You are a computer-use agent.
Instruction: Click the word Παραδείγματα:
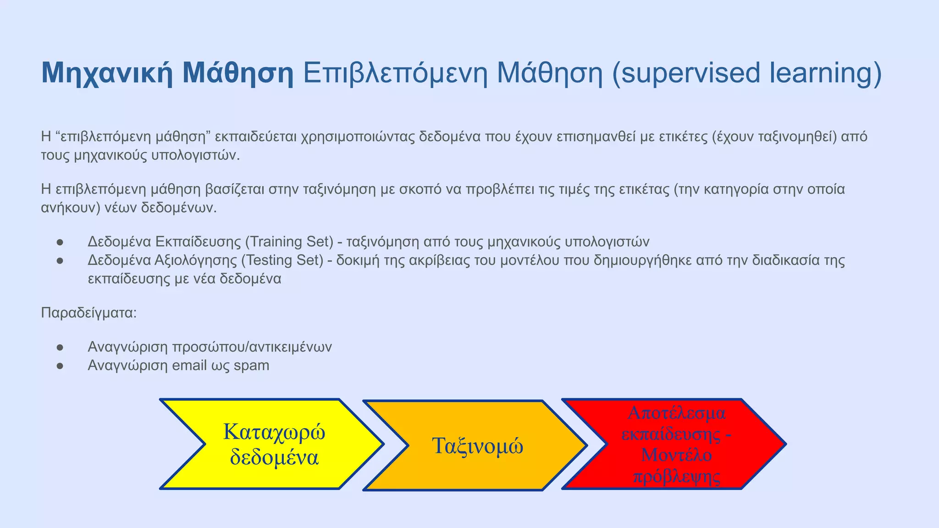pos(89,313)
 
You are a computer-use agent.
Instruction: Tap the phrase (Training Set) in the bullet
pos(289,242)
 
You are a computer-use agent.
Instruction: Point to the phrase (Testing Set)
pos(282,260)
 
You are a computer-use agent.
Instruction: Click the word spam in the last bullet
pos(251,366)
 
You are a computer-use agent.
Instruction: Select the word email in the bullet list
pos(189,366)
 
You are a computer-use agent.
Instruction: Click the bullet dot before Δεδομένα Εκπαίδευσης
pos(60,242)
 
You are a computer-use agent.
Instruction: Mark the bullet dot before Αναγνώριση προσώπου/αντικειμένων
pos(60,347)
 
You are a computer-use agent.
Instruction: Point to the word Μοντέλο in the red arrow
pos(676,455)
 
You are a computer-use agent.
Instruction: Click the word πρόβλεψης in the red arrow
pos(676,477)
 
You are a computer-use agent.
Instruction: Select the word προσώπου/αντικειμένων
pos(252,347)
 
